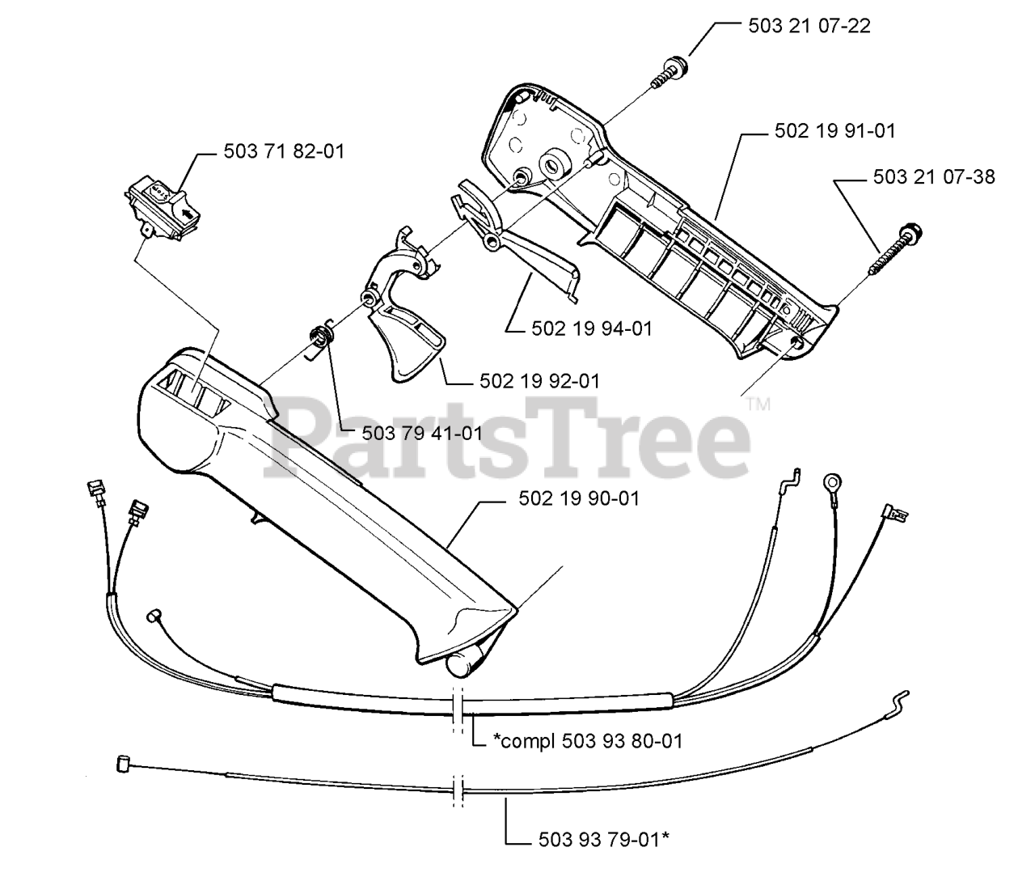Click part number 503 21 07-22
point(809,26)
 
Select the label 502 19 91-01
point(834,131)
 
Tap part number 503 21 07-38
point(934,176)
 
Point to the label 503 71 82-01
point(284,151)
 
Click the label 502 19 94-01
point(592,328)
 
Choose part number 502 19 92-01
point(539,380)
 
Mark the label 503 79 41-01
point(422,433)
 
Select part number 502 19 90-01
point(578,498)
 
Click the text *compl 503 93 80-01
point(587,740)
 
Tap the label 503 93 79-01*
point(603,841)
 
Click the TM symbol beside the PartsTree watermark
point(758,404)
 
